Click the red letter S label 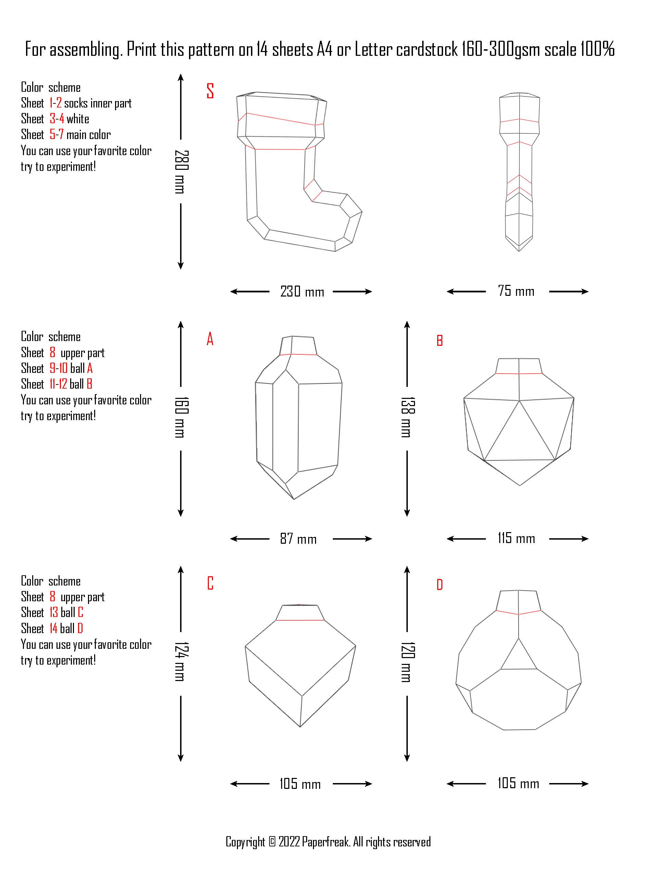(x=210, y=91)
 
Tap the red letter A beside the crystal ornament (x=210, y=339)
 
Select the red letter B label (x=440, y=341)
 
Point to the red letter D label (x=440, y=585)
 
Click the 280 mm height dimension (x=181, y=172)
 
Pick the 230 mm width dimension (x=302, y=291)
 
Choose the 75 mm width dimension (x=516, y=291)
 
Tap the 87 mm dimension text (x=298, y=539)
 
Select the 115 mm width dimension (x=516, y=538)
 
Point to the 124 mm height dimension (x=181, y=662)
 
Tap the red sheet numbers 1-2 (x=55, y=103)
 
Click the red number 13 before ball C (x=53, y=613)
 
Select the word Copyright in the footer (x=246, y=842)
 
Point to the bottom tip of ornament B (x=520, y=486)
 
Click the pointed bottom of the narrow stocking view (x=519, y=251)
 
